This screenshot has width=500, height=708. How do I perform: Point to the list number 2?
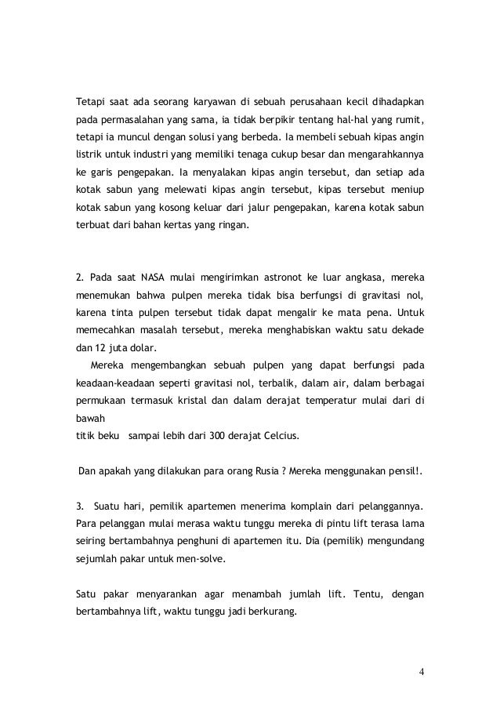(x=78, y=278)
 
